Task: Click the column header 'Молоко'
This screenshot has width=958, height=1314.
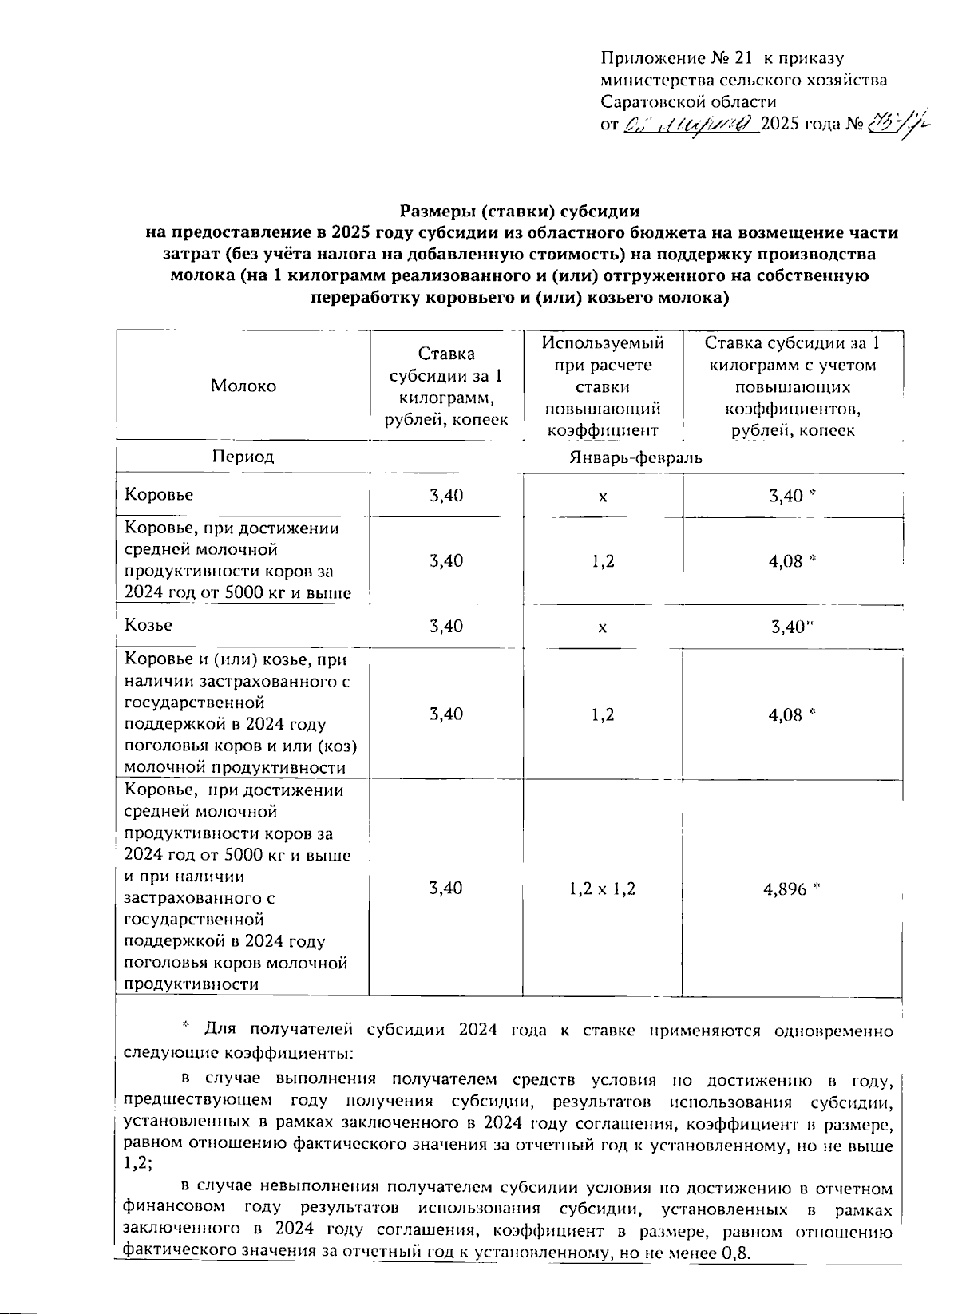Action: coord(243,386)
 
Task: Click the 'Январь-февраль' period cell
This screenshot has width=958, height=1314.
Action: coord(635,457)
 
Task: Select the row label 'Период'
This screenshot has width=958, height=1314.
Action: coord(243,457)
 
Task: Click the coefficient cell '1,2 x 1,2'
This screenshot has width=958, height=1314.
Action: coord(603,889)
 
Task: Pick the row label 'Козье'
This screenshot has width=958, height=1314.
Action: coord(148,625)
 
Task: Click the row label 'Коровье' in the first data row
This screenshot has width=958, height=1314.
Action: coord(159,495)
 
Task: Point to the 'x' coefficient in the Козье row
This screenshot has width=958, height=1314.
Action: coord(603,628)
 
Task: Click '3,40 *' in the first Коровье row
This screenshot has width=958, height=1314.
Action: coord(791,496)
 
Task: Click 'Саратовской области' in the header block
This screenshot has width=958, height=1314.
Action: coord(688,101)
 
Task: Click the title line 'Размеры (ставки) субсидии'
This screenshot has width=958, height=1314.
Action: coord(520,212)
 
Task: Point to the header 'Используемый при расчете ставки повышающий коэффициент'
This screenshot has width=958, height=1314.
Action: coord(603,386)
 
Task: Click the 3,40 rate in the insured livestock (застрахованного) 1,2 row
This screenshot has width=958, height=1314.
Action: coord(446,714)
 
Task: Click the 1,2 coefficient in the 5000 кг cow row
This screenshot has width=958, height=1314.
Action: coord(603,560)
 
